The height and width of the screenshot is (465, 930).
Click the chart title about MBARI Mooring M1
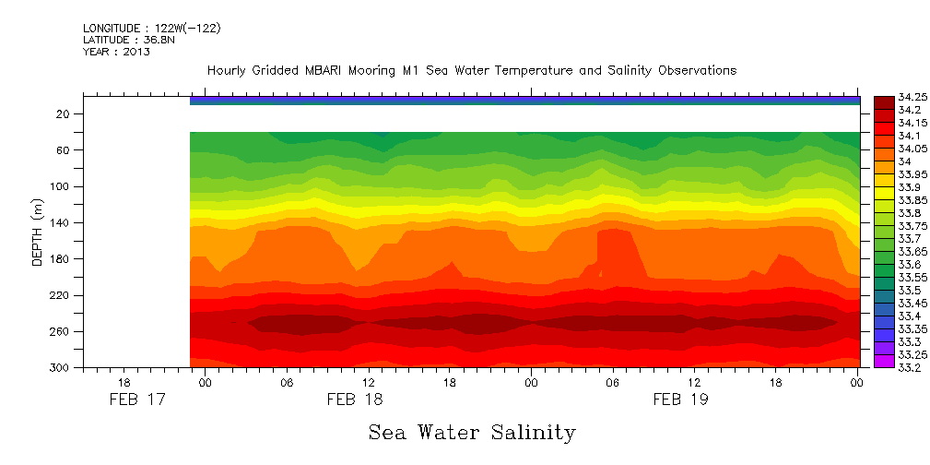[471, 70]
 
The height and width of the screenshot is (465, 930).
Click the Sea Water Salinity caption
[472, 432]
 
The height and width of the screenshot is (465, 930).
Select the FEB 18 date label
[355, 400]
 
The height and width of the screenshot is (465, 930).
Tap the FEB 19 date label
[680, 400]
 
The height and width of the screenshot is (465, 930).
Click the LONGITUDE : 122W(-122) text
[151, 28]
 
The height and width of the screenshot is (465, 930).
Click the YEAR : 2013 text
[116, 52]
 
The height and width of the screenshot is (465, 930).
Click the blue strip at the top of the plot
[524, 100]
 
